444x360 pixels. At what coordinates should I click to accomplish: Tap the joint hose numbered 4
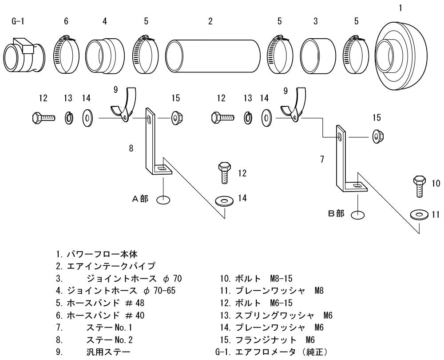tap(104, 54)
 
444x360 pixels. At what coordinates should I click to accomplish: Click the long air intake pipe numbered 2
tap(213, 56)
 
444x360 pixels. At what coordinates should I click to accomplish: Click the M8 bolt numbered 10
tap(420, 186)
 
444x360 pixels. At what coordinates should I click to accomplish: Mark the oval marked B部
tap(357, 215)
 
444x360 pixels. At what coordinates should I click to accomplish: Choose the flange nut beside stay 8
tap(176, 118)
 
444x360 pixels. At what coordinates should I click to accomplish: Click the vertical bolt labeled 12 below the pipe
tap(224, 173)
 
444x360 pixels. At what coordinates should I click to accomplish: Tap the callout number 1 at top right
tap(400, 8)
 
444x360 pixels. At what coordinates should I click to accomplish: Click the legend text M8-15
tap(281, 278)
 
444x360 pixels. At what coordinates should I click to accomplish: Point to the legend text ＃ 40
tap(135, 315)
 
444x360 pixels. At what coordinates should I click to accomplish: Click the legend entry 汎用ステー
tap(108, 352)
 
